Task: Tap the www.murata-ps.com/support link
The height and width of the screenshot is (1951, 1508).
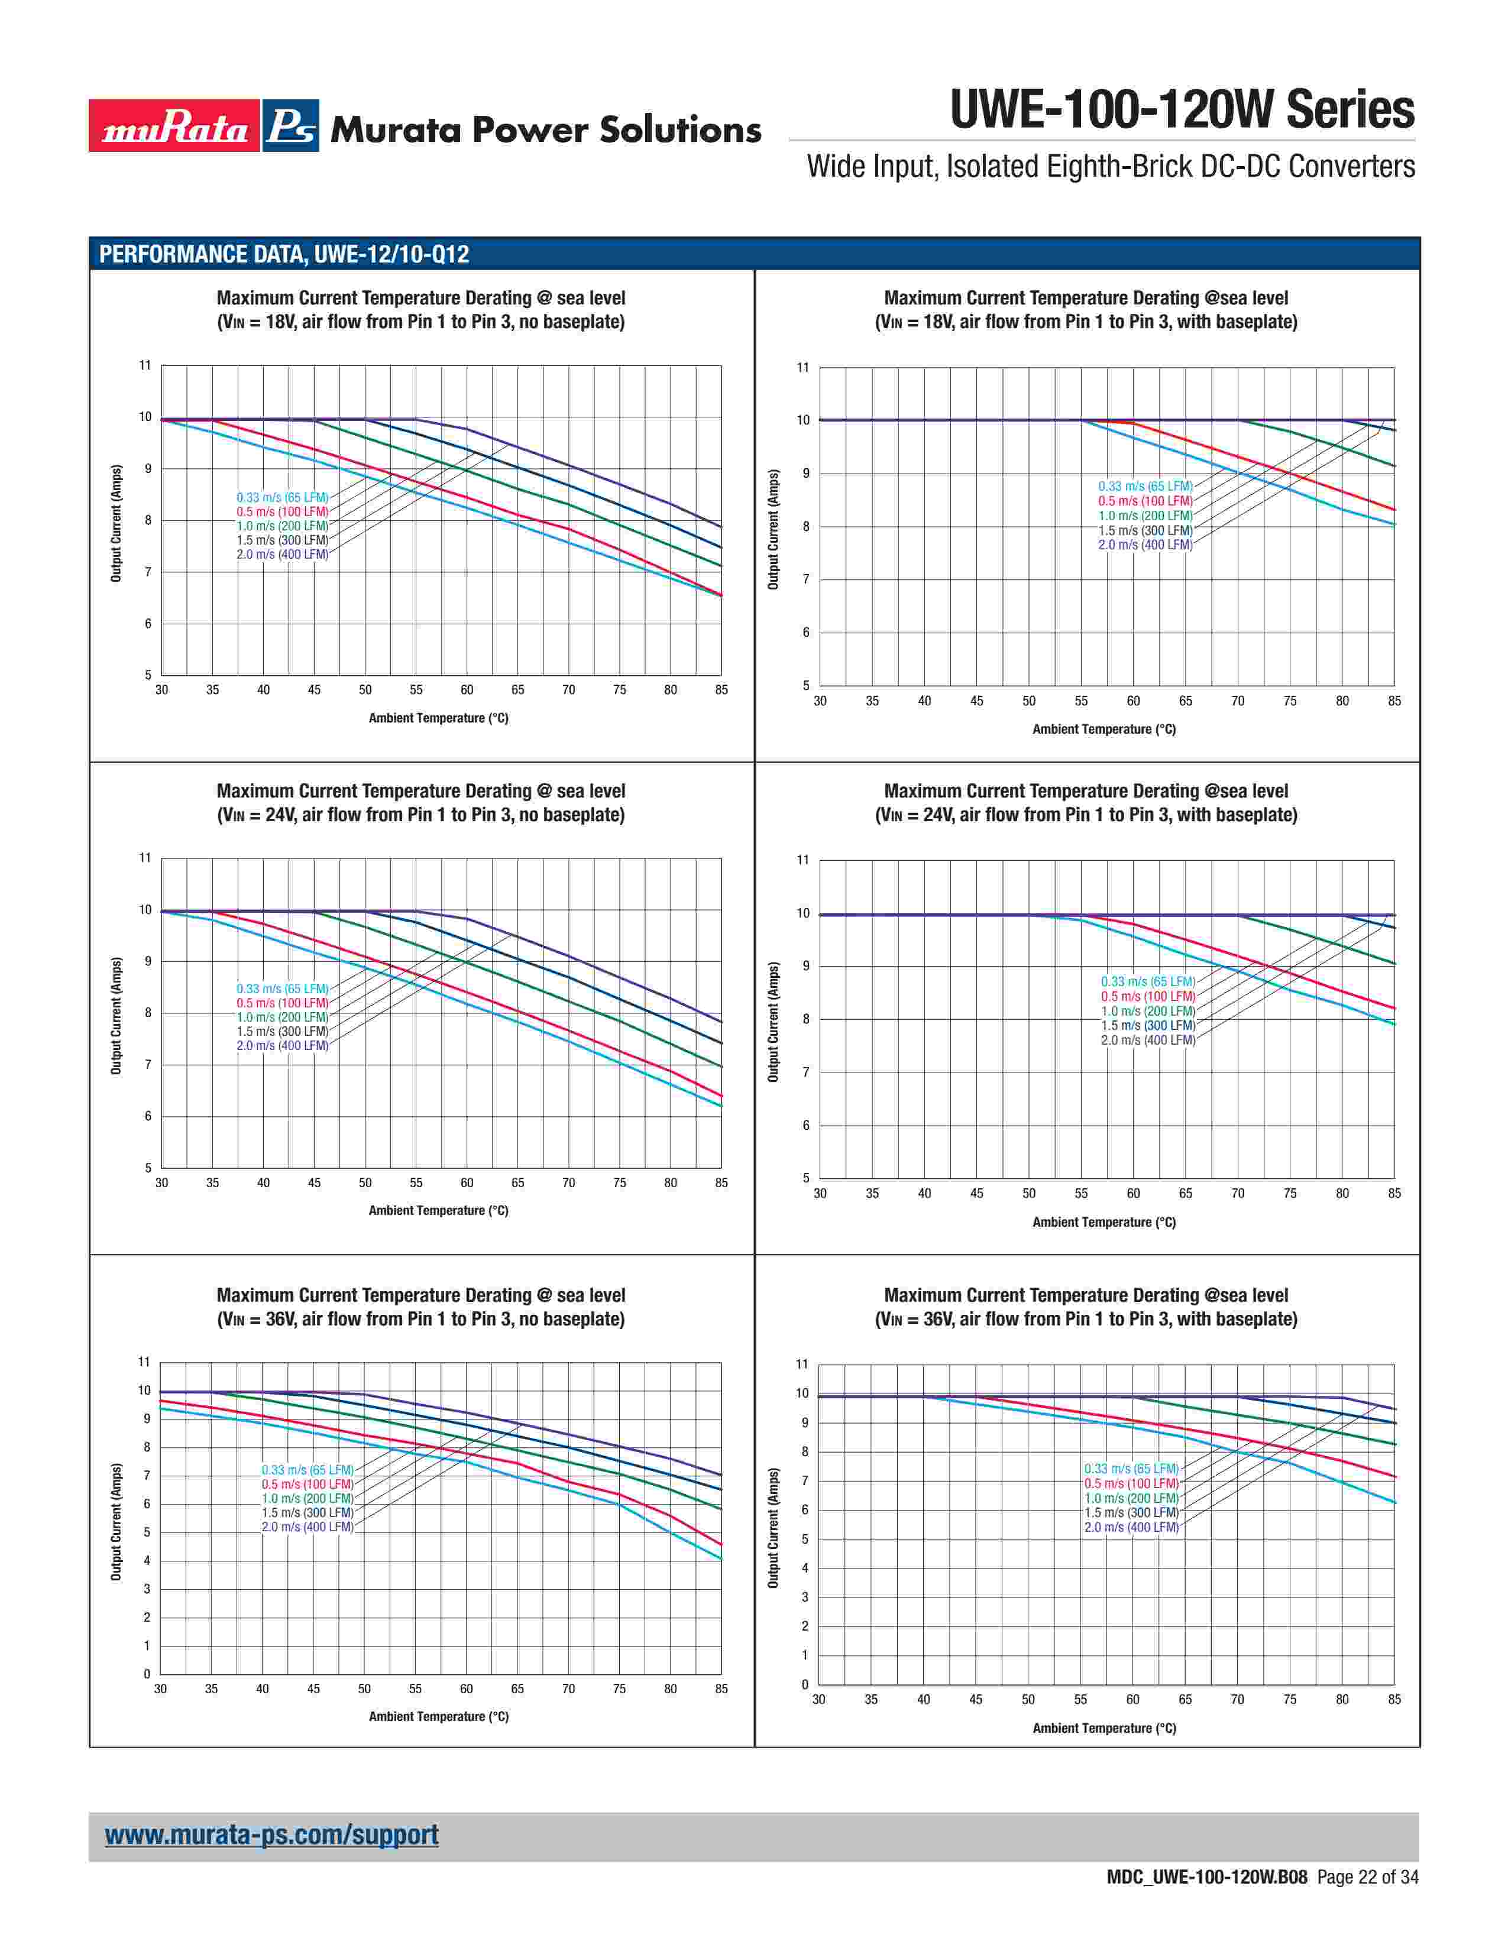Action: (x=271, y=1835)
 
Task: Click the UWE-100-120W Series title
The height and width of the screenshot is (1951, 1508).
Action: (x=1181, y=110)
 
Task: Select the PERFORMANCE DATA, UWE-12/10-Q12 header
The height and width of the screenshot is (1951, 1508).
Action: (x=283, y=255)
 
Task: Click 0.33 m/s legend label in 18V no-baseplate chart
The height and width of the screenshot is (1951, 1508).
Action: (x=282, y=498)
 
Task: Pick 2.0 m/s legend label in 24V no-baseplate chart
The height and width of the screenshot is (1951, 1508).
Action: (x=282, y=1045)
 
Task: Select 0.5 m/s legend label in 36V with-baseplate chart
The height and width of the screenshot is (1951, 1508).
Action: (x=1131, y=1484)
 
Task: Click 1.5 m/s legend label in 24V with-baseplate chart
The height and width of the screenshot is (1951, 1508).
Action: (x=1148, y=1026)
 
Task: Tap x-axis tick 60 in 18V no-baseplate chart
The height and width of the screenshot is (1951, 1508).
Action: (x=467, y=689)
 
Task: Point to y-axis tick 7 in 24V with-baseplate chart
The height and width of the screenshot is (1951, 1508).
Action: (x=806, y=1072)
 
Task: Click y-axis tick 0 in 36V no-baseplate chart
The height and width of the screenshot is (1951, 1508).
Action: (x=147, y=1674)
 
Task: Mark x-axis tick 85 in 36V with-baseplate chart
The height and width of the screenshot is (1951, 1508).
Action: (x=1394, y=1699)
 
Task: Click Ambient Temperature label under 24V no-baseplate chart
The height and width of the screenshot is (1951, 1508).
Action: (x=439, y=1210)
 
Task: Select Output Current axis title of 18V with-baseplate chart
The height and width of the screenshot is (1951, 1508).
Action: (x=774, y=530)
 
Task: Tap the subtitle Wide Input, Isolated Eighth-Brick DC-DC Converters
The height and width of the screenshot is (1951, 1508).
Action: (x=1111, y=167)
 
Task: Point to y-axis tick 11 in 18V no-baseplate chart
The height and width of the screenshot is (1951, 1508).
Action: (x=145, y=365)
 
